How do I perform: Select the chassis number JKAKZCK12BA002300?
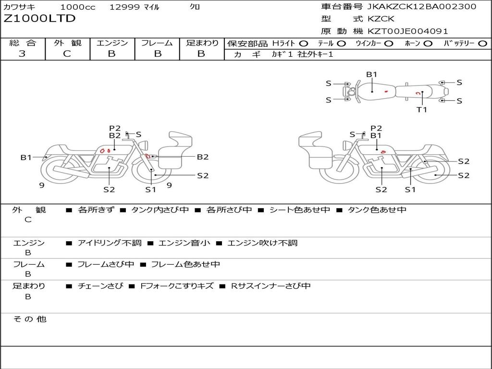(421, 7)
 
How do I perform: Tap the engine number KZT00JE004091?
(408, 31)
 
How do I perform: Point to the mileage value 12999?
(124, 7)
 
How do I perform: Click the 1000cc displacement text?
(77, 7)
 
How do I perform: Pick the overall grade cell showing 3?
(22, 54)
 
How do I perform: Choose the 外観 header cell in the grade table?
(67, 43)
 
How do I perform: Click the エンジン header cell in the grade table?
(112, 43)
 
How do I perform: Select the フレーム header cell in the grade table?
(157, 43)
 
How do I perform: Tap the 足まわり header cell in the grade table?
(202, 43)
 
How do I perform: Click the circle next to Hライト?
(304, 43)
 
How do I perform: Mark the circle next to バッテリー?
(482, 43)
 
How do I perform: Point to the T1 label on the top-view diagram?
(421, 110)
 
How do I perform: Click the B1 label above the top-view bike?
(371, 74)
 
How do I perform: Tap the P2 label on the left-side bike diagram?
(114, 128)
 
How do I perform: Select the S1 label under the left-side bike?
(151, 189)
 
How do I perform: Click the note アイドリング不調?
(109, 243)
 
